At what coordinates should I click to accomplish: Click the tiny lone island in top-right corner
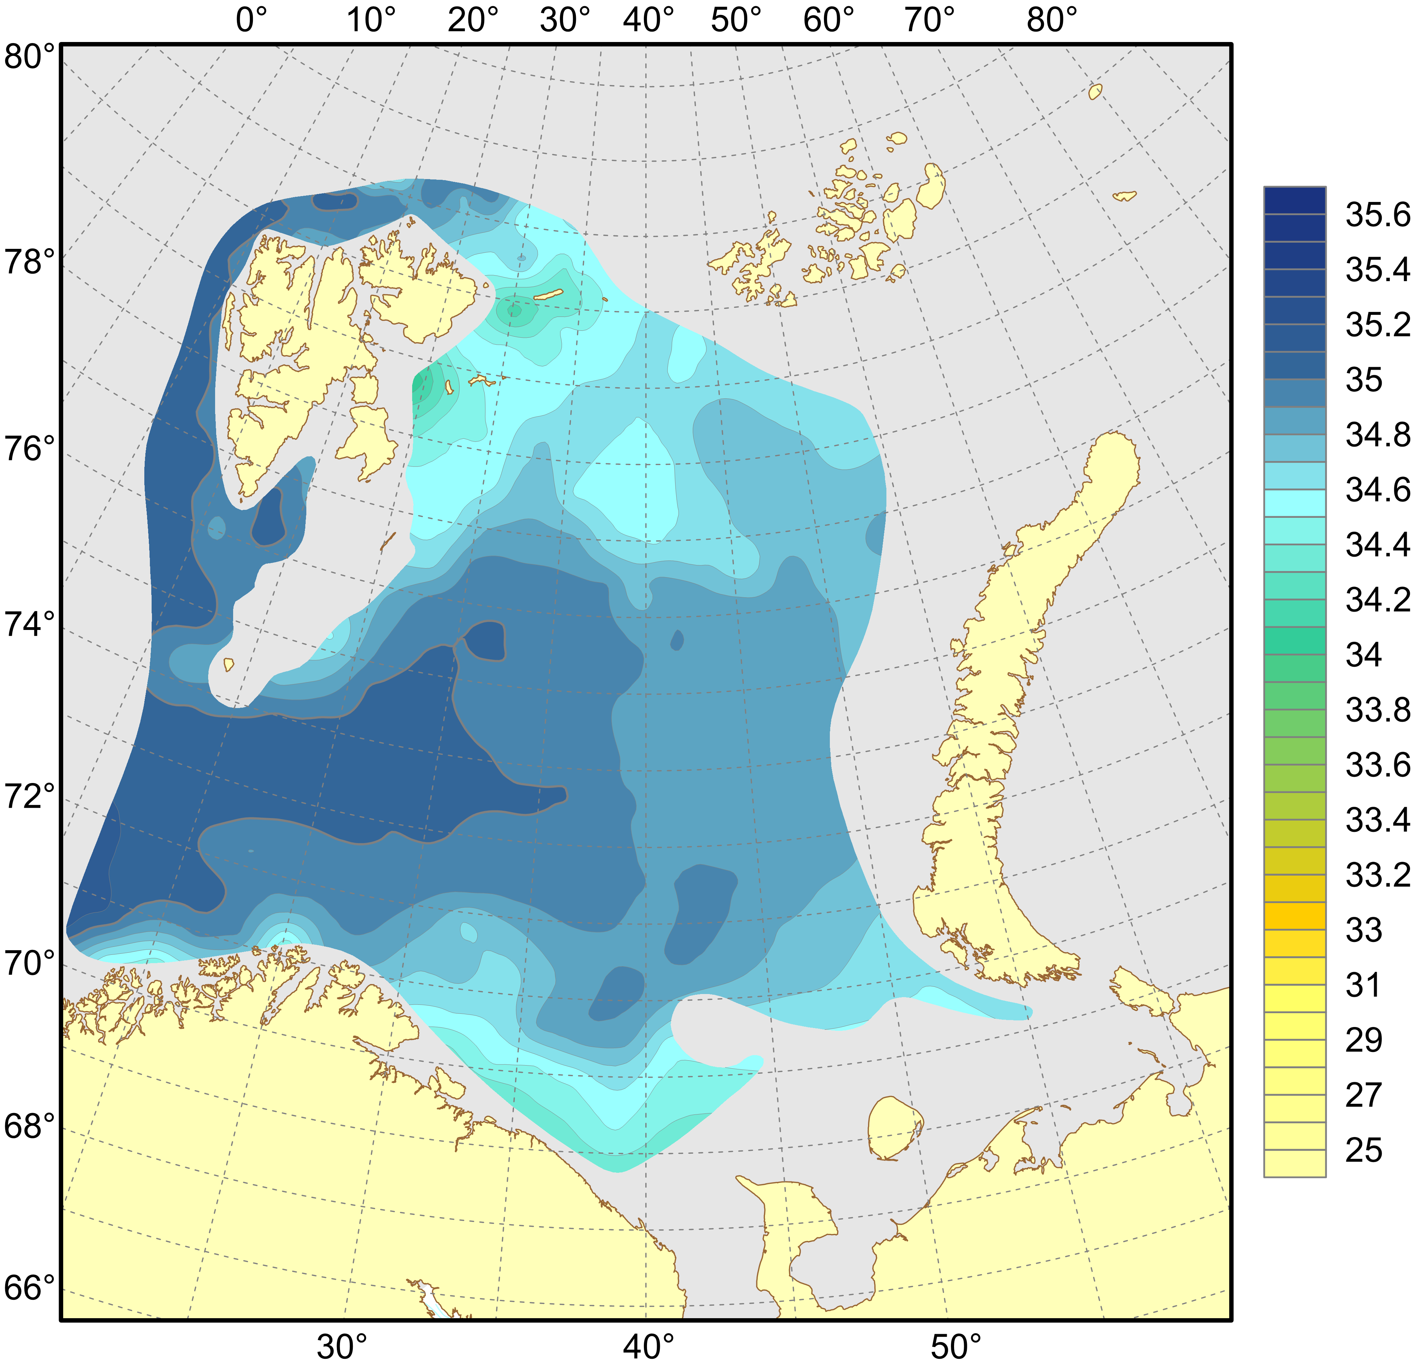[x=1095, y=92]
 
